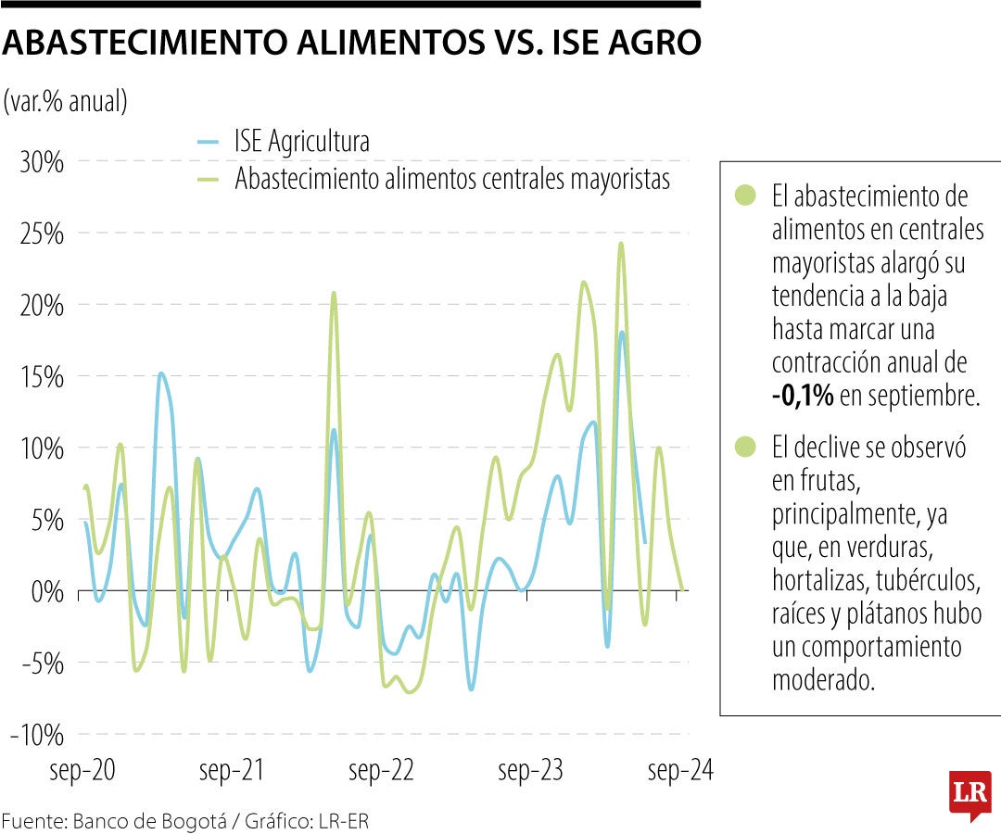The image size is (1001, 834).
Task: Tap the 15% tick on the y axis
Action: click(x=41, y=377)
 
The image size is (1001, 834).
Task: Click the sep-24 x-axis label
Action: click(x=680, y=771)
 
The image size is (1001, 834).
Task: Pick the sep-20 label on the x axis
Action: click(x=82, y=771)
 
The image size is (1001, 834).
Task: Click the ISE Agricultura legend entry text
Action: click(x=302, y=142)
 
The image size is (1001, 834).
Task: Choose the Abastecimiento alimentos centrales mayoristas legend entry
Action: click(x=451, y=178)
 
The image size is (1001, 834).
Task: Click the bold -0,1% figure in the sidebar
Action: click(x=803, y=397)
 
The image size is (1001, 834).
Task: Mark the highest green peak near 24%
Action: click(x=621, y=245)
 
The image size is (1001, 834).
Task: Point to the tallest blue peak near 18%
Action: click(x=622, y=333)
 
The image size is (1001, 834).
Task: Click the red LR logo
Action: click(x=969, y=794)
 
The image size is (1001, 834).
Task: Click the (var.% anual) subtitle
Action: click(x=65, y=101)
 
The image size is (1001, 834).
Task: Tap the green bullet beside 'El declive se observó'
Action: click(x=743, y=448)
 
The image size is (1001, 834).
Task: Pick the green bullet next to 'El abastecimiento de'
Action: click(x=743, y=196)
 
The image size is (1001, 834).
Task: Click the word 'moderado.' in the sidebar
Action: click(x=823, y=680)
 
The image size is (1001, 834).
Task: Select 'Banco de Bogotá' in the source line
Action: click(x=130, y=821)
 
